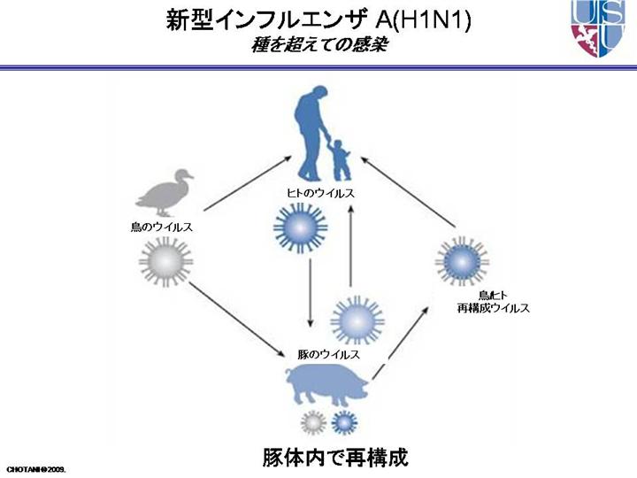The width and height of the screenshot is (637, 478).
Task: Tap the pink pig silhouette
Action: point(327,387)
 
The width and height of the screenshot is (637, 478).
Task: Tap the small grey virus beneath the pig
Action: point(311,423)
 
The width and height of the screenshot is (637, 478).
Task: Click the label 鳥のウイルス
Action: point(162,227)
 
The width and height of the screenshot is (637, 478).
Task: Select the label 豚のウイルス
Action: point(328,353)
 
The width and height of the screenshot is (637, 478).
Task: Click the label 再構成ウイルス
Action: point(493,308)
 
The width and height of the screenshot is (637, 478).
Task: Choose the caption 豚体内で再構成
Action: point(335,458)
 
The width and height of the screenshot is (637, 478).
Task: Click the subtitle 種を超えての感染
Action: point(318,44)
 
